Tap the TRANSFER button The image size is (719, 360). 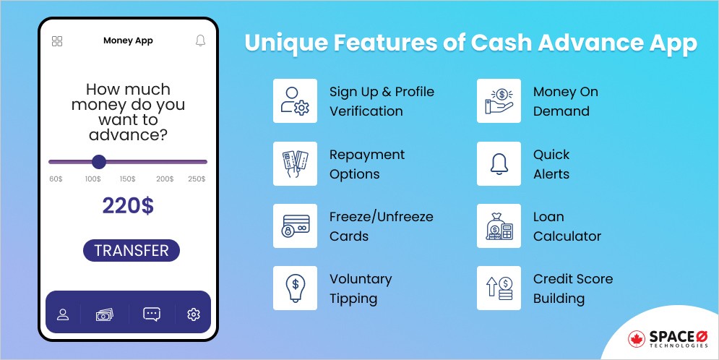[x=131, y=251]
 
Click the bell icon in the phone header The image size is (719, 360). [x=201, y=40]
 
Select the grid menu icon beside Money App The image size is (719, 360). [x=57, y=41]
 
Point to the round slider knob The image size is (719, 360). [x=99, y=162]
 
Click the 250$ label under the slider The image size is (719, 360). [x=197, y=179]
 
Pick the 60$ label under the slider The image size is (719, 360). [x=56, y=179]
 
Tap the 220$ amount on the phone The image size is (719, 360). [x=128, y=206]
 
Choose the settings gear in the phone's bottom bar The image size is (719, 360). [x=193, y=314]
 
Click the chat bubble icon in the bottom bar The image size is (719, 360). [x=152, y=314]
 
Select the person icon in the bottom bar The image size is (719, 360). [x=63, y=314]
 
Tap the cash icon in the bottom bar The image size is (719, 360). [x=106, y=314]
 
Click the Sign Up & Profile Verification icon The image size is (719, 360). [x=295, y=101]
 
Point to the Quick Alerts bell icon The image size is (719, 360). [x=499, y=164]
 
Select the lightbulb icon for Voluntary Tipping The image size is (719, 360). [x=295, y=288]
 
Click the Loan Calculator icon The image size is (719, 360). [x=499, y=226]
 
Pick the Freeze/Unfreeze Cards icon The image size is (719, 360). [x=295, y=226]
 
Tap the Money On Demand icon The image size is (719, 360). [x=499, y=101]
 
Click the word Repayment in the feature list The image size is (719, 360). [x=367, y=155]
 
